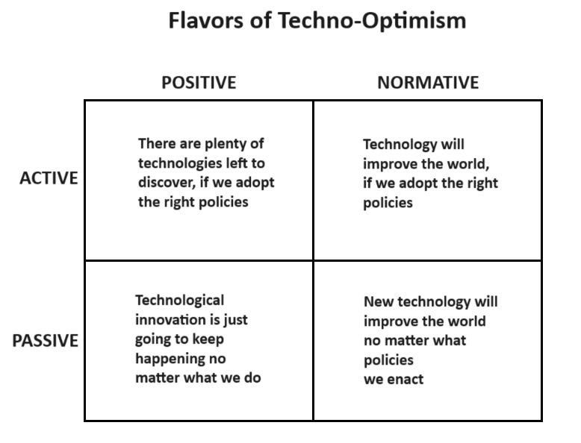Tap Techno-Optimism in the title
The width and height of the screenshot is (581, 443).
372,20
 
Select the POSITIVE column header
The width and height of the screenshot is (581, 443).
199,83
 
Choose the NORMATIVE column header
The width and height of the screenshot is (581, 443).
427,83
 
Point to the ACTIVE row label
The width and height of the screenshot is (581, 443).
49,178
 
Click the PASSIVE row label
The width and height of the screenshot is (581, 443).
45,341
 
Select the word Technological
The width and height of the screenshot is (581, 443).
179,300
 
